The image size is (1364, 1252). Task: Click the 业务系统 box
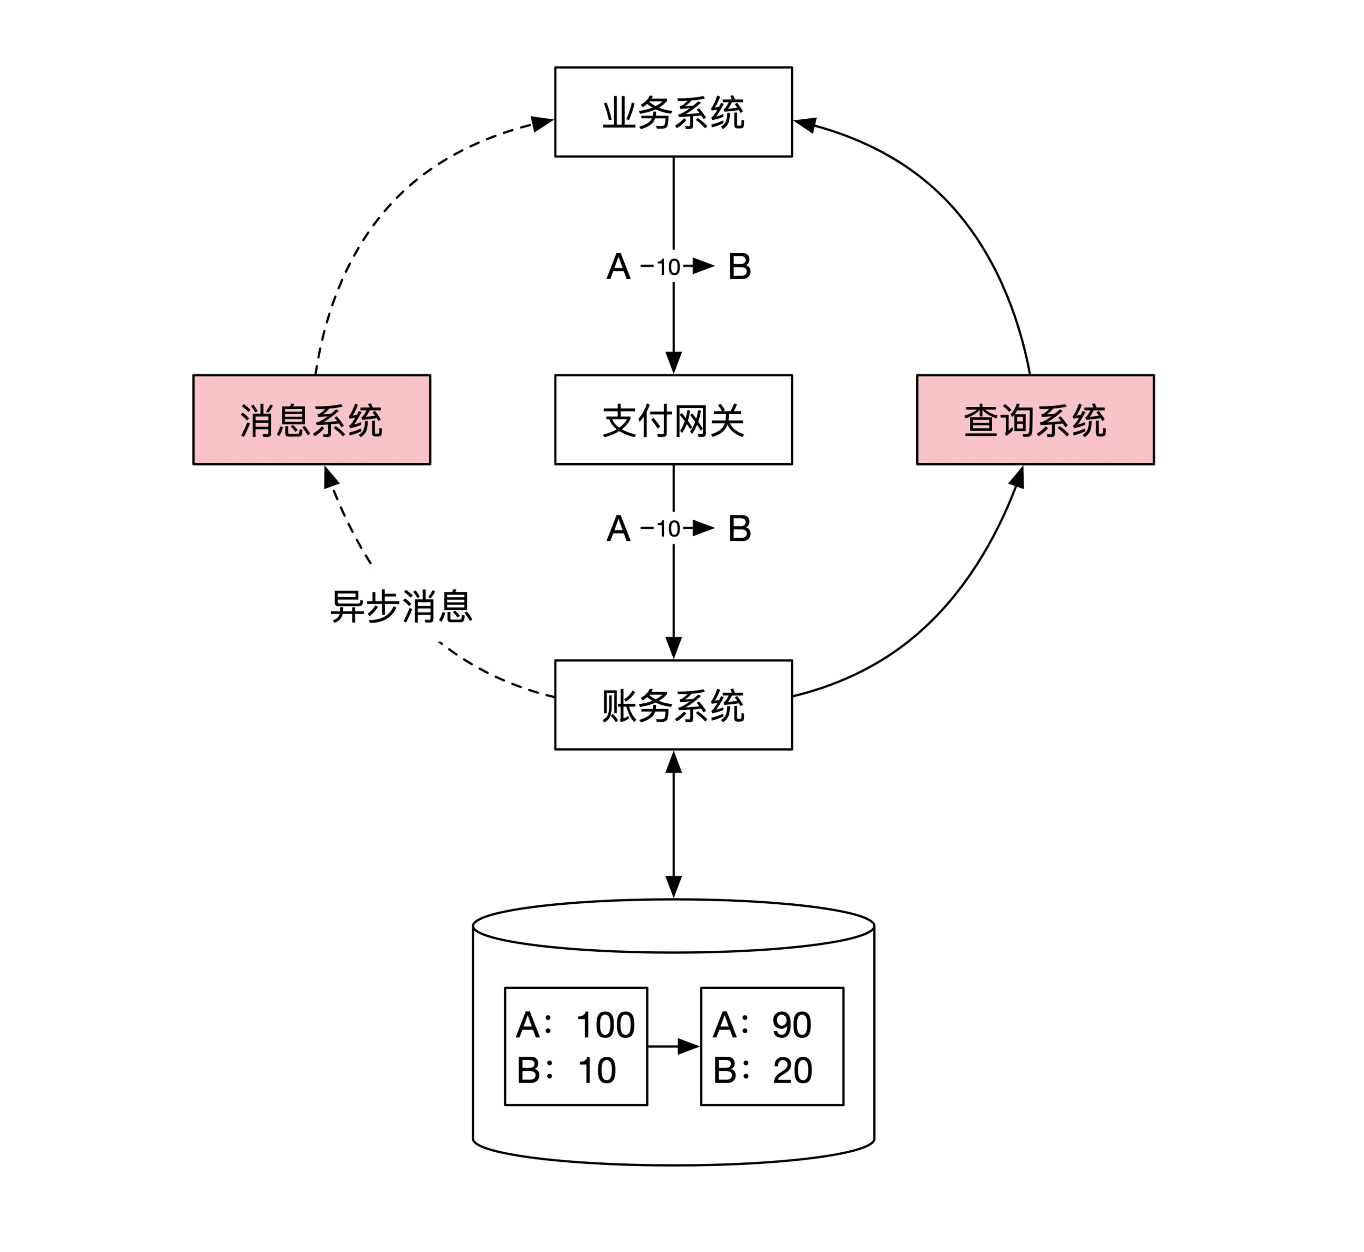[x=673, y=112]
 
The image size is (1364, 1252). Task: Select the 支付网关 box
[x=673, y=419]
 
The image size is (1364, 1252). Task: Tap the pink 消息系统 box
[x=312, y=419]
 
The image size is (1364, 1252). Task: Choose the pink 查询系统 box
[x=1035, y=419]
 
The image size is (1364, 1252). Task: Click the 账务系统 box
[x=673, y=704]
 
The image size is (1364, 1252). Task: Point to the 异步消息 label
[x=400, y=606]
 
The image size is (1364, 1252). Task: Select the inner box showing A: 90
[x=772, y=1046]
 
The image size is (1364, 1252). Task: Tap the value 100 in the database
[x=605, y=1025]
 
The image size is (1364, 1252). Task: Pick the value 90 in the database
[x=791, y=1025]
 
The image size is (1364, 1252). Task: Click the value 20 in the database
[x=792, y=1071]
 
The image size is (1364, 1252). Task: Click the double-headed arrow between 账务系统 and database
[x=673, y=824]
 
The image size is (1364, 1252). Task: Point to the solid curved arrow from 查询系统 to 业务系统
[x=962, y=203]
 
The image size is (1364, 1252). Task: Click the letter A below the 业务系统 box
[x=618, y=266]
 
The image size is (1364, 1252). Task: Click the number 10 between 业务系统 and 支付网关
[x=668, y=267]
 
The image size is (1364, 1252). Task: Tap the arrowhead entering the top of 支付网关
[x=673, y=363]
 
